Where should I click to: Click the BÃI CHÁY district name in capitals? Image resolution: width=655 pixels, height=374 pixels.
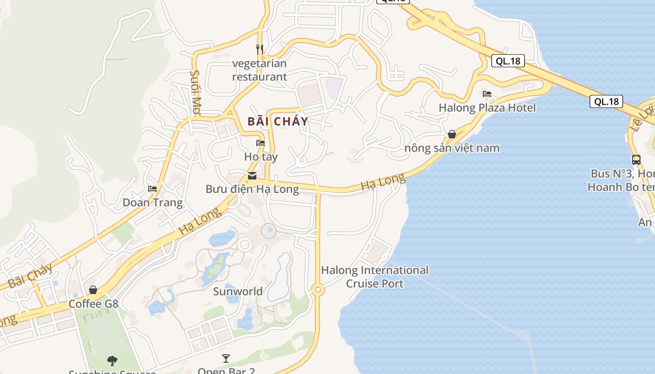[278, 122]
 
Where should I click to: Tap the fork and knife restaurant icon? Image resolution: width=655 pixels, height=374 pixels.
[260, 49]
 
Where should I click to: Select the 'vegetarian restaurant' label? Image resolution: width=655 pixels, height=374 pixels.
[260, 70]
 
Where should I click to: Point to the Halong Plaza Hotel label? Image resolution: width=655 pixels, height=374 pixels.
[487, 108]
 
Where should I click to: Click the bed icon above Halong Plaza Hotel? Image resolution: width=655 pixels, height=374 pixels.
[487, 94]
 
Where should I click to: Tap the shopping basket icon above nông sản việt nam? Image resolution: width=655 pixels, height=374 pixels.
[452, 134]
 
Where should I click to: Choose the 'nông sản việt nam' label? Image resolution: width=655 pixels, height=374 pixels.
[452, 148]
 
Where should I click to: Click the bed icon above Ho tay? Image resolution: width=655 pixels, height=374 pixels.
[261, 143]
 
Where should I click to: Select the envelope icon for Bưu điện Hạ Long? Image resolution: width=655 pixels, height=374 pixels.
[252, 176]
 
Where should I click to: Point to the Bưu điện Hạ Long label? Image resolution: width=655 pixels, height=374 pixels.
[252, 189]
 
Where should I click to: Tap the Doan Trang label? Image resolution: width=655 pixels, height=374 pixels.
[153, 202]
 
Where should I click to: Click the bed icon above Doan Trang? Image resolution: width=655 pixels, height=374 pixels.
[153, 189]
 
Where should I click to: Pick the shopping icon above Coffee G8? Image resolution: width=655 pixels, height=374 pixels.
[93, 290]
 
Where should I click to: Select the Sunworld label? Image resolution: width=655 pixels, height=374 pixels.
[238, 291]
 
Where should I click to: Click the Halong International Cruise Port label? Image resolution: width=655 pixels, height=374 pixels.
[375, 277]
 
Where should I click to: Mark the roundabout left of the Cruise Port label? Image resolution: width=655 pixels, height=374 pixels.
[318, 290]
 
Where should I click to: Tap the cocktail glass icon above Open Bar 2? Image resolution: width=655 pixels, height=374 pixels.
[226, 359]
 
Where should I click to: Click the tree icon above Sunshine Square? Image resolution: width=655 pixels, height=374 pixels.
[112, 360]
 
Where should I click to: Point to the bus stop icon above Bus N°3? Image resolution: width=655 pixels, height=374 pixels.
[636, 159]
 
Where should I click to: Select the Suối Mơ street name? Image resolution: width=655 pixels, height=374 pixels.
[196, 93]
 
